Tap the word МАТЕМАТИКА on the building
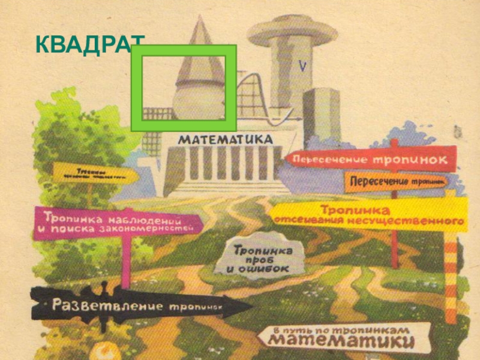click(x=225, y=139)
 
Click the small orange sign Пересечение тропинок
click(x=396, y=181)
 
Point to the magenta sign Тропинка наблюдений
click(x=117, y=223)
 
